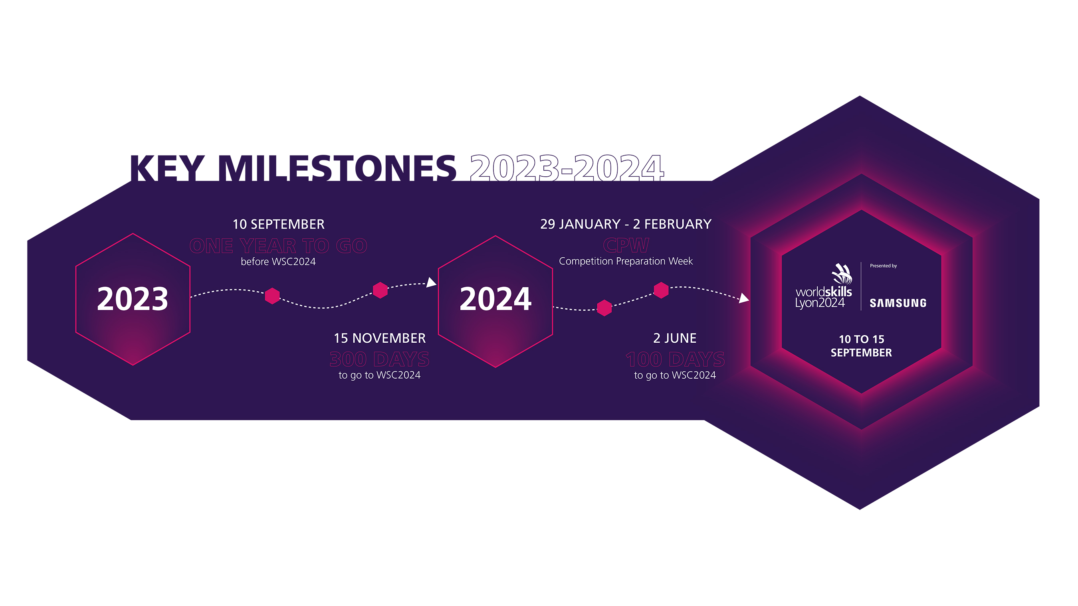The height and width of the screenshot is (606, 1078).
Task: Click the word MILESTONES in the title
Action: pos(337,168)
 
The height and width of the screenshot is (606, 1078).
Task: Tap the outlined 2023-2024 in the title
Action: pos(567,168)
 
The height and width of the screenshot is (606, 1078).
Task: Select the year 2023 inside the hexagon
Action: pos(133,299)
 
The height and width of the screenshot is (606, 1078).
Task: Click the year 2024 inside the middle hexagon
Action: pos(495,299)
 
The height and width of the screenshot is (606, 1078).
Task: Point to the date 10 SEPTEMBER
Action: pos(278,225)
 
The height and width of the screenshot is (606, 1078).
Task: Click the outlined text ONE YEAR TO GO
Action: pos(278,246)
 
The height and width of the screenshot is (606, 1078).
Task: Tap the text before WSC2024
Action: pos(278,262)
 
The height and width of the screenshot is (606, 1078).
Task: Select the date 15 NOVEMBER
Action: pos(380,338)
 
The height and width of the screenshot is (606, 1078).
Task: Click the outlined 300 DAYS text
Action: pos(380,359)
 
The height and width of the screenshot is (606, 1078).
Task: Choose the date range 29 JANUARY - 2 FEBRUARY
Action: pos(626,225)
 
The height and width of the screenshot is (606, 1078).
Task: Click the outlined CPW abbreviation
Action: pos(626,245)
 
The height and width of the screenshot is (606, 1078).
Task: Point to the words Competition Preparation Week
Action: pos(626,261)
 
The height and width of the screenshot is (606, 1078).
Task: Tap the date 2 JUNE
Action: pos(675,338)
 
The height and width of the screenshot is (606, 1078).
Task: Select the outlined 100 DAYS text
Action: pos(675,359)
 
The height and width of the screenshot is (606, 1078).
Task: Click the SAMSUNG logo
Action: pos(898,303)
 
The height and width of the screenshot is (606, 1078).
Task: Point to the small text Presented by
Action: pos(883,266)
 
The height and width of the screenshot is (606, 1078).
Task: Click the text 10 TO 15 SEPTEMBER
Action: pos(861,346)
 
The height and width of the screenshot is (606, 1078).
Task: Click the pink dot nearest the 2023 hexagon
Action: pos(272,296)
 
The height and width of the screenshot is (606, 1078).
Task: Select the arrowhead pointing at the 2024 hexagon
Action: pos(432,283)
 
